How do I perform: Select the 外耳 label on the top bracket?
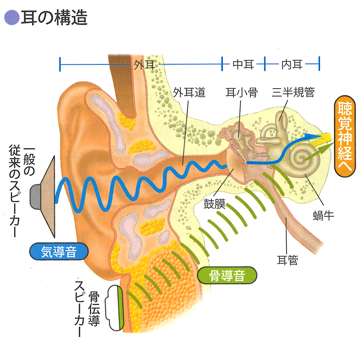click(x=144, y=64)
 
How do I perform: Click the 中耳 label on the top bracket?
click(x=243, y=64)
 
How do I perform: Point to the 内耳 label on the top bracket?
click(x=292, y=64)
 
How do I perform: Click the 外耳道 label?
click(x=189, y=92)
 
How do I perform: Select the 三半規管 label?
click(x=293, y=92)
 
